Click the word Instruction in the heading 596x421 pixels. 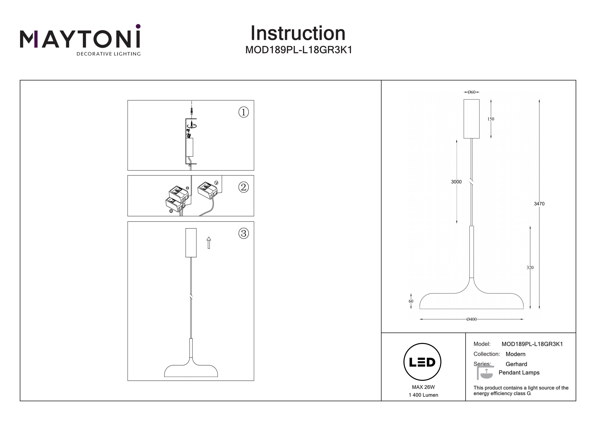(x=298, y=34)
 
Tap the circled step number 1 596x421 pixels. (x=244, y=112)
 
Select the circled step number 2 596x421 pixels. (x=244, y=187)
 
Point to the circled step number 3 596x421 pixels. (x=244, y=233)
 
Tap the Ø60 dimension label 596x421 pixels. (x=471, y=92)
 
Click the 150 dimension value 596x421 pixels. (x=491, y=119)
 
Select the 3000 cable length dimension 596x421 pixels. (x=456, y=182)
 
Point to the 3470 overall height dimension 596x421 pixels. (x=539, y=204)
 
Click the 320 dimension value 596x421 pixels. (x=530, y=267)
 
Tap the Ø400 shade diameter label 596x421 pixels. (x=471, y=319)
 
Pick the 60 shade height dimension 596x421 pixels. (x=411, y=301)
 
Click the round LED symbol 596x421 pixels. (x=422, y=362)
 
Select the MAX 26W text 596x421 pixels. (x=423, y=387)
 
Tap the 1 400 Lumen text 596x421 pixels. (x=423, y=395)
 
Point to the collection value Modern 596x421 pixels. (x=515, y=354)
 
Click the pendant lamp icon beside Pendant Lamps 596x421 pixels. (x=485, y=374)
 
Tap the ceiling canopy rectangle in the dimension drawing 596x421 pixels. (x=471, y=119)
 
